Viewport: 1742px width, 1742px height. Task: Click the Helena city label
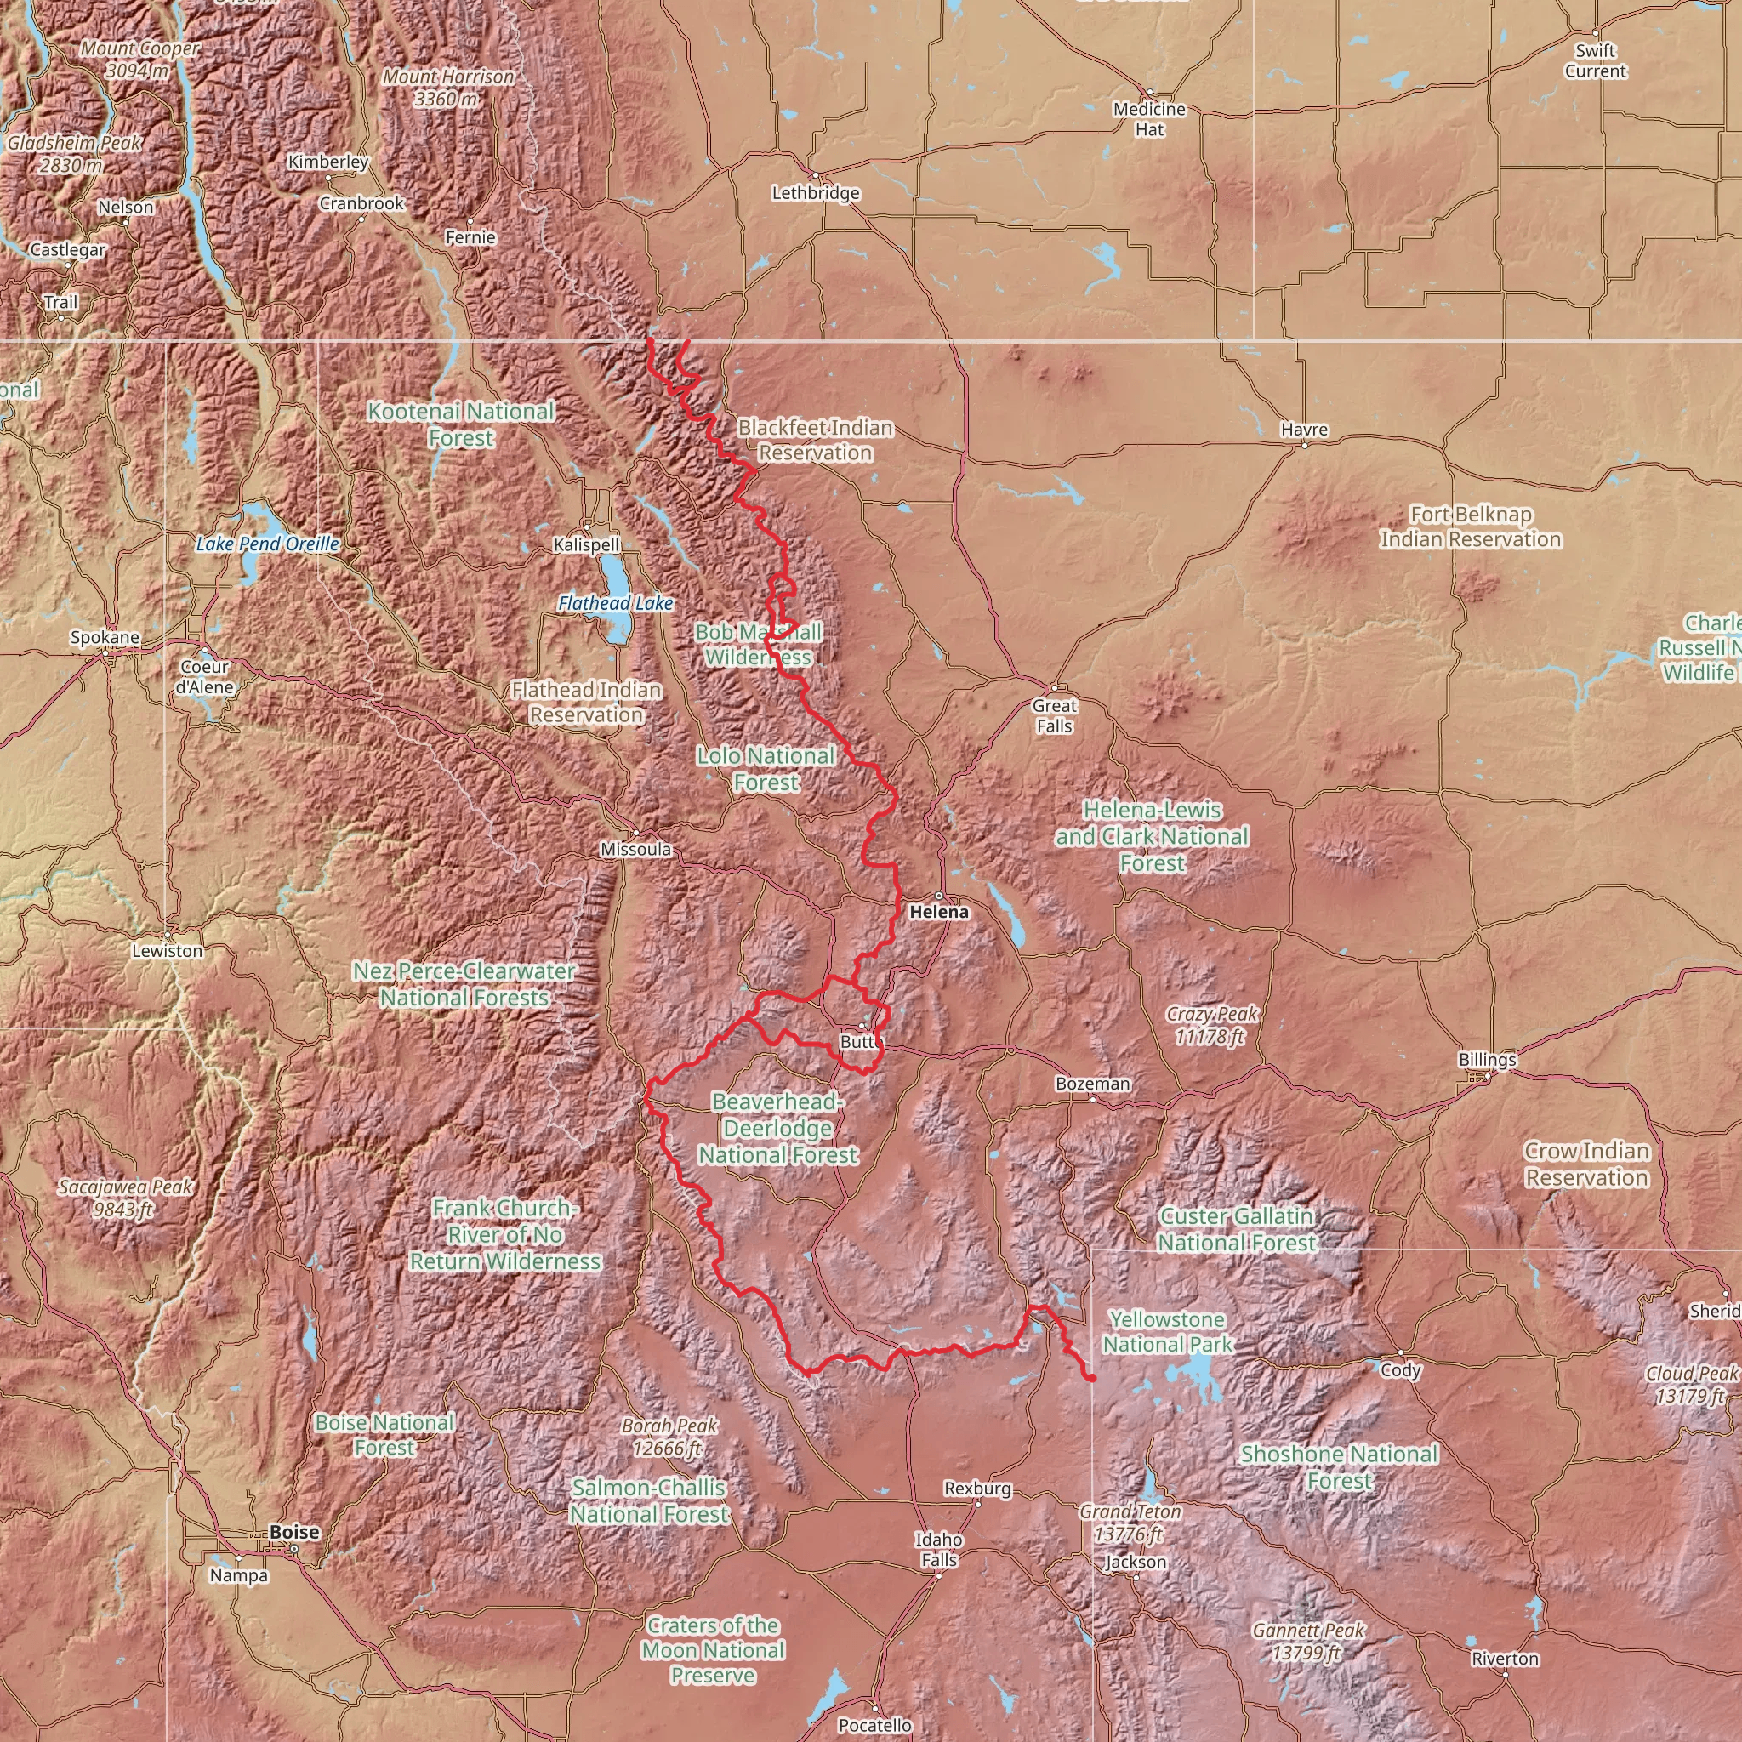939,912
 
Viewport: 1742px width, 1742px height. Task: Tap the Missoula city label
635,850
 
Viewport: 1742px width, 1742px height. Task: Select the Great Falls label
1054,716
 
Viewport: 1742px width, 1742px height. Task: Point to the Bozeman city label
1092,1084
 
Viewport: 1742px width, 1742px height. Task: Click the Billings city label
1486,1060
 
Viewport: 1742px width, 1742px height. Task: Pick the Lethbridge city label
815,193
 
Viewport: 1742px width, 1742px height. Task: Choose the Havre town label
1304,430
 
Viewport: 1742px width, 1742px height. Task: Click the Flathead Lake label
615,603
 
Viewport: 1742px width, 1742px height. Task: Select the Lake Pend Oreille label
268,544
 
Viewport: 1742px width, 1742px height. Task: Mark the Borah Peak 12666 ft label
669,1437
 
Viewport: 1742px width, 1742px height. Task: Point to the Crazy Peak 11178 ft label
1211,1025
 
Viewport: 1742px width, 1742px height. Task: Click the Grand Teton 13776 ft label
1130,1522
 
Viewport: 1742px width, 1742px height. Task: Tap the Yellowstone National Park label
1167,1332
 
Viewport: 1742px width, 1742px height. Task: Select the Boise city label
294,1532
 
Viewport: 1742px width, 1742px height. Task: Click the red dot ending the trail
1091,1379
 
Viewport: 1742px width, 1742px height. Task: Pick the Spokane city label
105,637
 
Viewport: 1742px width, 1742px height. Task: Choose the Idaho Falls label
939,1549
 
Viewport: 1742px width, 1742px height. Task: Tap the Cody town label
1400,1369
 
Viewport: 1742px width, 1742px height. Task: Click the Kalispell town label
586,544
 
